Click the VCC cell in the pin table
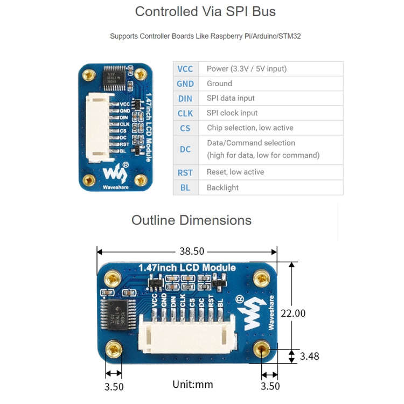[x=185, y=69]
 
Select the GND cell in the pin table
[x=185, y=83]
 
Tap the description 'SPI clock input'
[x=232, y=113]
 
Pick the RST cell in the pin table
[x=185, y=172]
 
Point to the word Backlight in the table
[x=222, y=187]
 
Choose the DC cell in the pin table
[x=185, y=149]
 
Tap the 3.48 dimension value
[x=310, y=356]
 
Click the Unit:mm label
[x=192, y=385]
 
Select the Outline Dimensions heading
[x=191, y=220]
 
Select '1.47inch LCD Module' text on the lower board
[x=186, y=268]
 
